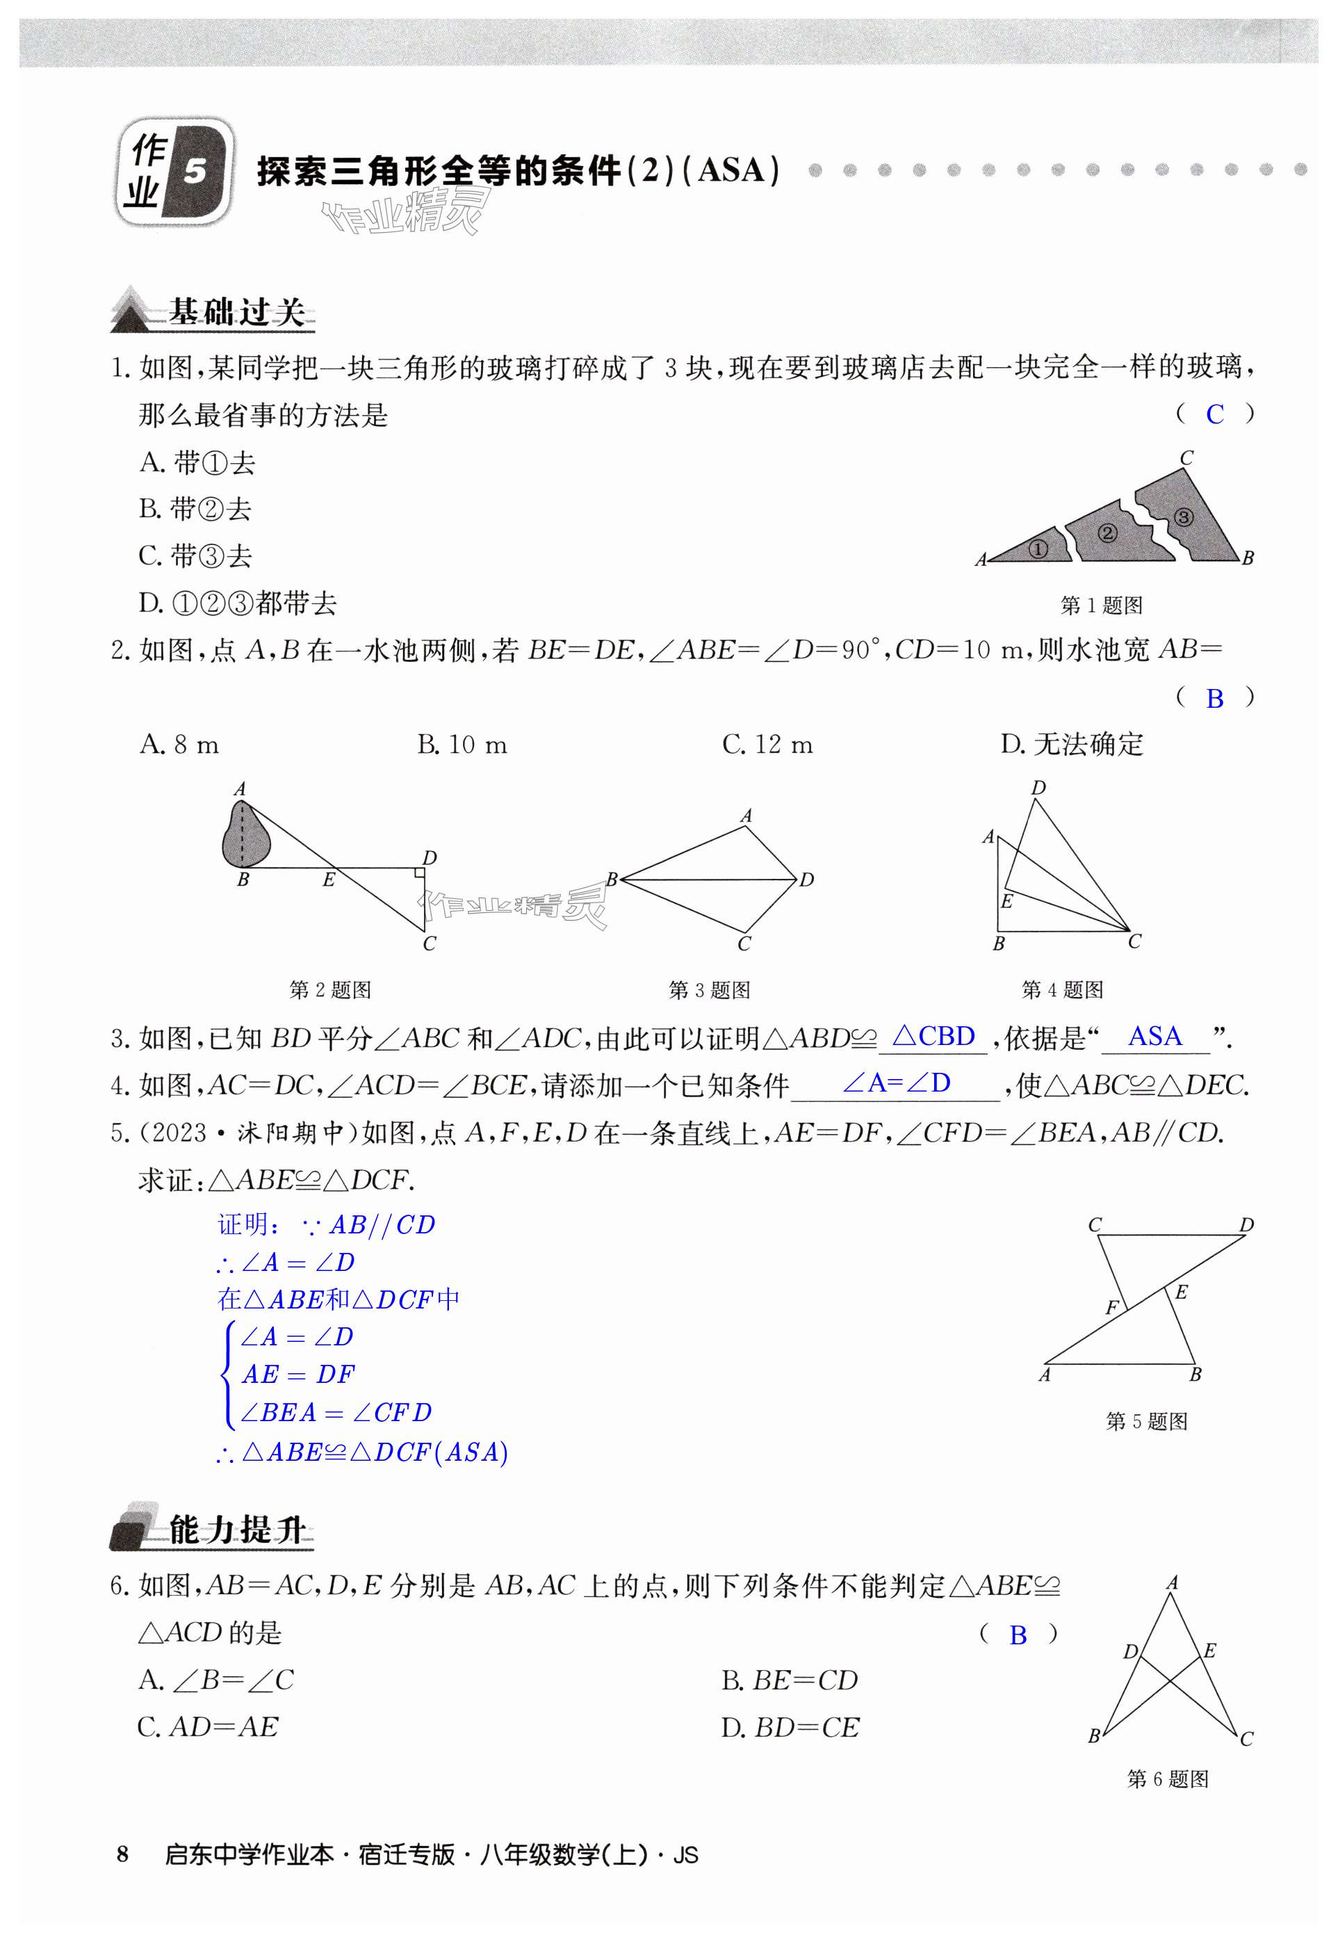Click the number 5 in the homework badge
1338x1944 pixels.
195,171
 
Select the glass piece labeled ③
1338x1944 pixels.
1183,517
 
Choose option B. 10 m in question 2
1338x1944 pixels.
462,745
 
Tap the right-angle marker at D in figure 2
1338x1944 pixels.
418,875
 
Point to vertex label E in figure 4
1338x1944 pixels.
1007,902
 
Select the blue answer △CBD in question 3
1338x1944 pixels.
934,1037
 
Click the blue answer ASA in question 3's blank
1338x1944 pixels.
1155,1037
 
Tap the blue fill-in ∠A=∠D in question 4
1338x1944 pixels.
896,1083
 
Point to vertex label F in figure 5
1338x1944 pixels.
1111,1307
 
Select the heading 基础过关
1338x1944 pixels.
236,312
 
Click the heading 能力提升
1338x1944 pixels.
236,1530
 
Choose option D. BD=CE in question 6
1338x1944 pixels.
790,1728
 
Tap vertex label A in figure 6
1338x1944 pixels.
1172,1583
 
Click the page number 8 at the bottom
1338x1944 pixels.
123,1854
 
